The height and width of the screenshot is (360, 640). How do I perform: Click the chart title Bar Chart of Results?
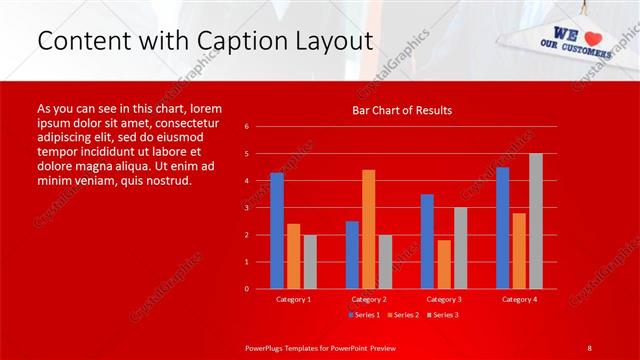tap(401, 110)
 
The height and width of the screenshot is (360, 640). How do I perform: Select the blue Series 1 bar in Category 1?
tap(276, 231)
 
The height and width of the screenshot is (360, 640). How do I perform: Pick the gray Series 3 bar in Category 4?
tap(536, 221)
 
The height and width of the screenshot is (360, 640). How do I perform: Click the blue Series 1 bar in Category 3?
tap(427, 241)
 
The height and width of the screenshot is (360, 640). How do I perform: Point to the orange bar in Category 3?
tap(443, 264)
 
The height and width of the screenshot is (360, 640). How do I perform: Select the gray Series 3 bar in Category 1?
tap(310, 262)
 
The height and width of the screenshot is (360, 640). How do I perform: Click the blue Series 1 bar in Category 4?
tap(502, 228)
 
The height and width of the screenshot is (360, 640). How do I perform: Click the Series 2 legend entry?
tap(402, 315)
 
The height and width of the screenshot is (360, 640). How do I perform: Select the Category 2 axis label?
tap(368, 299)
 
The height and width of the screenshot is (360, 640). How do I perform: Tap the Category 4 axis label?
tap(519, 299)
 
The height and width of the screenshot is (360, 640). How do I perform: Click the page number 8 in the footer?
tap(589, 347)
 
